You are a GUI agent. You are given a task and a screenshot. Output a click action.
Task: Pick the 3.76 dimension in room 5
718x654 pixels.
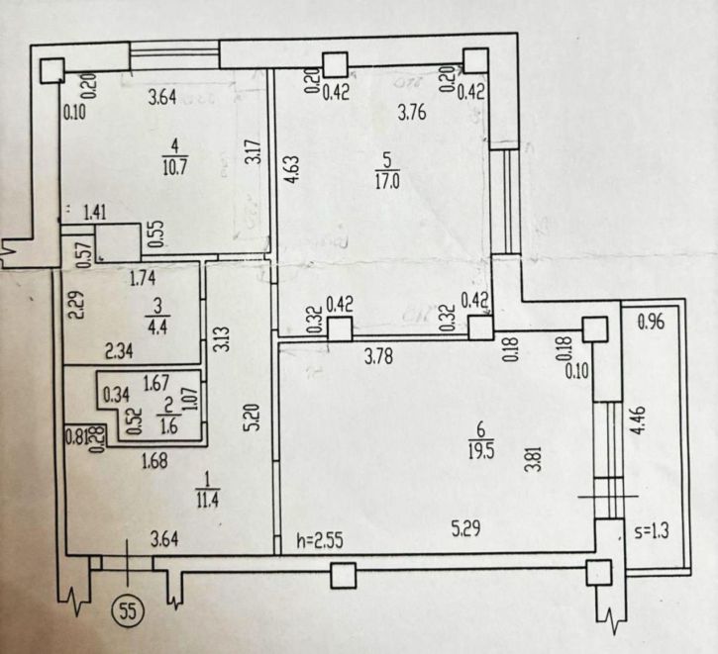coord(414,112)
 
